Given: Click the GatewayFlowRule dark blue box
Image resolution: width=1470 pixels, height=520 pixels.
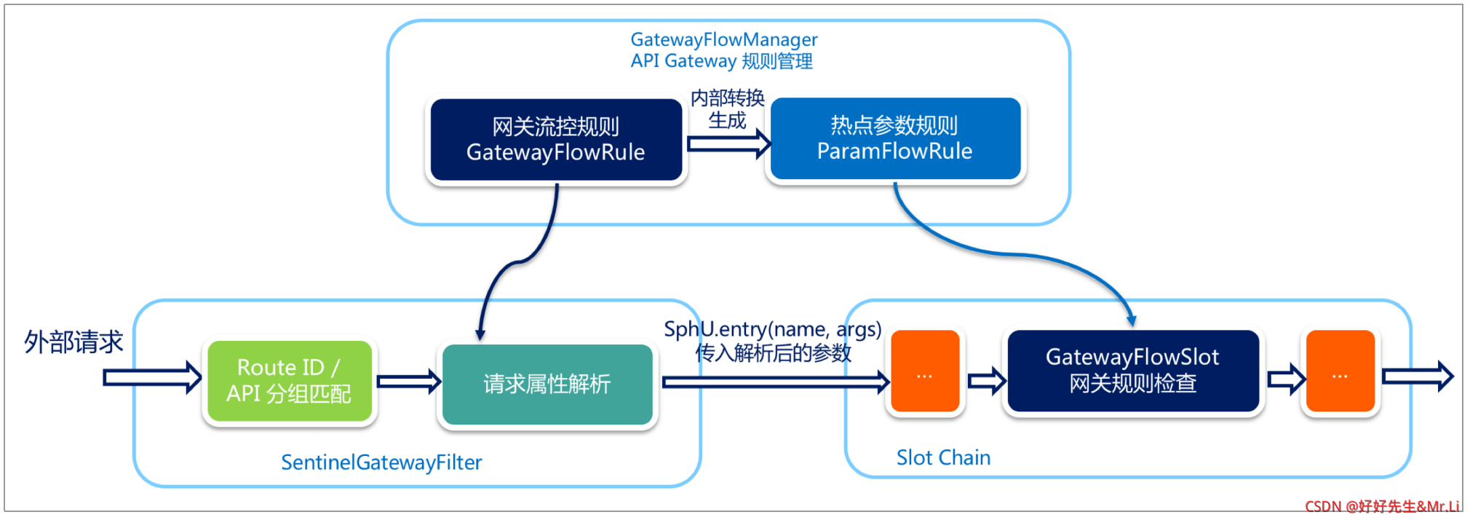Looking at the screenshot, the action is point(556,140).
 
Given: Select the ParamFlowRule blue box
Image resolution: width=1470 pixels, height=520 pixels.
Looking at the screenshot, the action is point(895,138).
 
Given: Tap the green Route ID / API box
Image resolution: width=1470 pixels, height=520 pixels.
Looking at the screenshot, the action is point(289,381).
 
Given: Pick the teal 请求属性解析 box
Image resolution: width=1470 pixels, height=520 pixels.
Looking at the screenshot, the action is point(547,384).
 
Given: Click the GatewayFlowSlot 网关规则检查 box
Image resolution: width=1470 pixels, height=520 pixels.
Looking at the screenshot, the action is point(1133,371).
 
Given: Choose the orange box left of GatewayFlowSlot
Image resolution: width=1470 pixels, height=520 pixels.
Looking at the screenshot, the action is point(925,371).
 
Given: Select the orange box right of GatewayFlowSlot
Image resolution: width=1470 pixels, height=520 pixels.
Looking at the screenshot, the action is point(1340,371).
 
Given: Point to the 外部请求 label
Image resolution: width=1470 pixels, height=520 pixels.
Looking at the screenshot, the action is point(73,342).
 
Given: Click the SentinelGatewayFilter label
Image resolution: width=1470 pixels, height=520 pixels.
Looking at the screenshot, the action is point(381,462).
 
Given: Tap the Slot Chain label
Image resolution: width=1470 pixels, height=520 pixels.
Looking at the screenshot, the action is point(943,457).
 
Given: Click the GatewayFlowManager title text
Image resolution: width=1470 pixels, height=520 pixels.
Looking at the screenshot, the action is point(724,39).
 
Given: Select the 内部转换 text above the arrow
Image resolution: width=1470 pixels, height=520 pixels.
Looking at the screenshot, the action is point(728,98).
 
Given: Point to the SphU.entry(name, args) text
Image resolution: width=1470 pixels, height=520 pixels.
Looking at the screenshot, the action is point(773,330).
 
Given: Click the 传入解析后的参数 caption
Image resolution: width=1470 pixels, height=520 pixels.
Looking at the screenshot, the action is point(773,353).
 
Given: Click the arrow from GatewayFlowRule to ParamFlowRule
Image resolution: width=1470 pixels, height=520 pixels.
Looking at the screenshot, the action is point(728,143).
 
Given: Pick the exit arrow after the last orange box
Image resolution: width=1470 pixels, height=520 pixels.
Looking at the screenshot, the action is point(1418,377).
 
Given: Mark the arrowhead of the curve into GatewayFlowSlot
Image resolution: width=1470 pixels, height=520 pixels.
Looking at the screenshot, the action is point(1131,320).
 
